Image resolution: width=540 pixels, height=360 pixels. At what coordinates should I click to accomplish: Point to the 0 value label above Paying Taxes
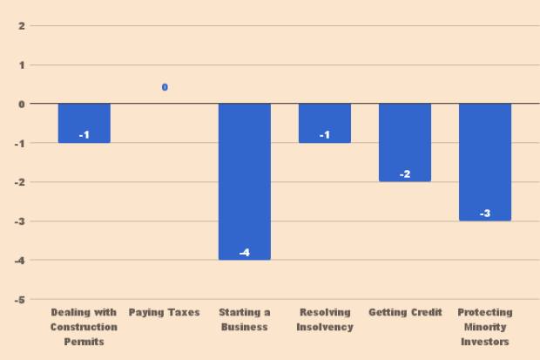[x=165, y=87]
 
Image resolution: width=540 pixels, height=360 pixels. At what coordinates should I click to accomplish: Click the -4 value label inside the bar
[x=245, y=253]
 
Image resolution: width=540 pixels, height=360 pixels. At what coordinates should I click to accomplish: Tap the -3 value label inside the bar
[x=485, y=214]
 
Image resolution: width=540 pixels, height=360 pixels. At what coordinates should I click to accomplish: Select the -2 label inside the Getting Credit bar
[x=405, y=174]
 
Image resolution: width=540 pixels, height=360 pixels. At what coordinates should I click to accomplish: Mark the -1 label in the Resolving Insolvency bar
[x=325, y=135]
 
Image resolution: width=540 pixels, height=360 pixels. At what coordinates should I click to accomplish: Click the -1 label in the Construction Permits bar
[x=84, y=135]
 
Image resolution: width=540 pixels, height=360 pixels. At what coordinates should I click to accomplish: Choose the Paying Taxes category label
[x=165, y=312]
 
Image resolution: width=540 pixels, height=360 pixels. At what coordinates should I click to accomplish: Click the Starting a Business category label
[x=245, y=319]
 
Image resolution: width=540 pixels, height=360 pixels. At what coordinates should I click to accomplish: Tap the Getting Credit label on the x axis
[x=405, y=312]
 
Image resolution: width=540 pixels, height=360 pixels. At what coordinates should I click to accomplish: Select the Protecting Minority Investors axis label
[x=485, y=327]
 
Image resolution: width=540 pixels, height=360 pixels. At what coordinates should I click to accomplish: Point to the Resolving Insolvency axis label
[x=325, y=319]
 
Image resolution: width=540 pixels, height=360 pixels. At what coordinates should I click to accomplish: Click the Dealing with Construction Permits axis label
[x=84, y=327]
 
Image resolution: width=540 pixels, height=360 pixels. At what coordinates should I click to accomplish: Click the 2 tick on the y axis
[x=20, y=25]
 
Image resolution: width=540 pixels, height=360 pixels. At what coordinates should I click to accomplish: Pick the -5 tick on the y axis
[x=18, y=300]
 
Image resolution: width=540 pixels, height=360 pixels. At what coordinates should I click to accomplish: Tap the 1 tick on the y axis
[x=20, y=65]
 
